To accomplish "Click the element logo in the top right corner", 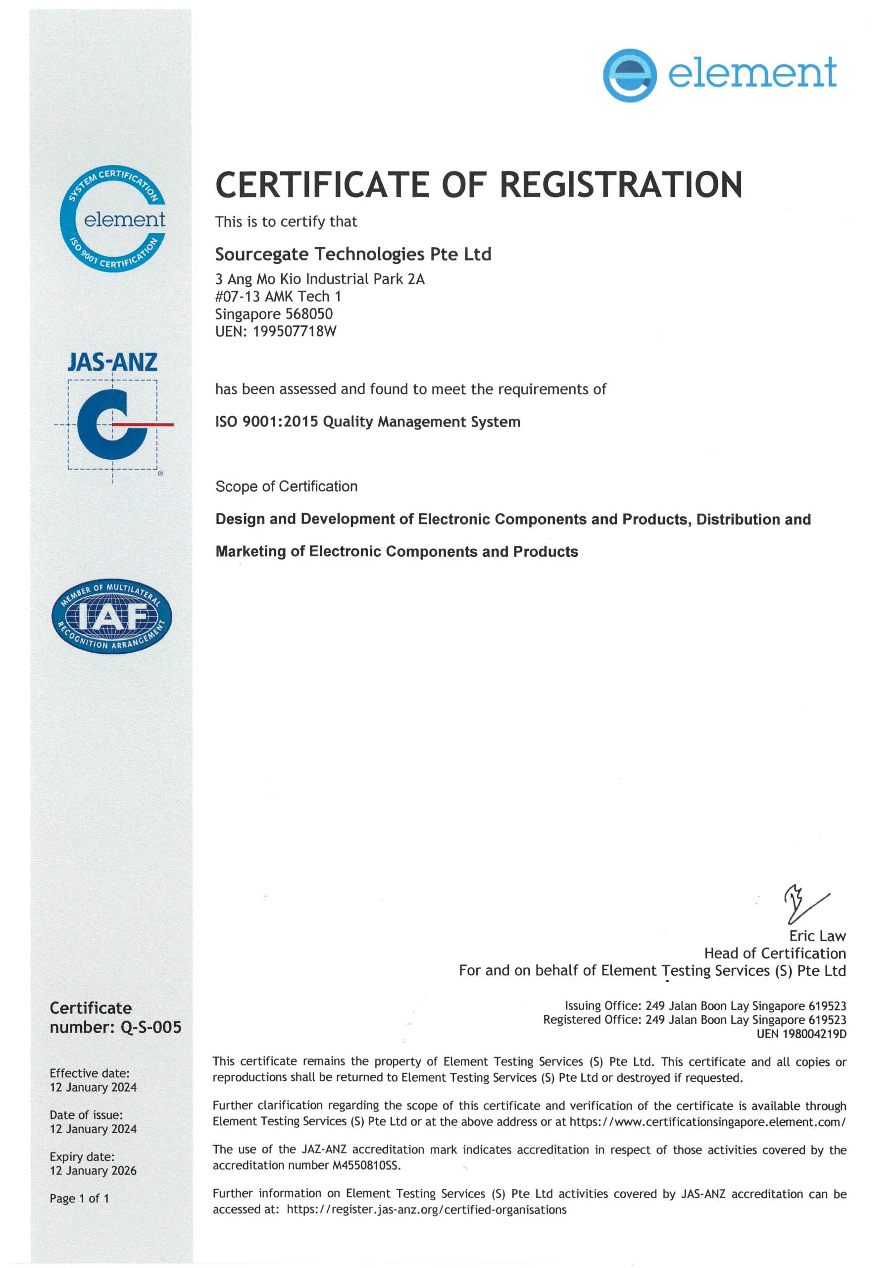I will (x=719, y=75).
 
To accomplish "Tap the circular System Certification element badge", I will (x=113, y=219).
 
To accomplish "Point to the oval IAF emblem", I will (x=112, y=616).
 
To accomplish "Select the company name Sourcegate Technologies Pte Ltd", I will (x=353, y=254).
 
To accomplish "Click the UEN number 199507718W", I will (x=294, y=331).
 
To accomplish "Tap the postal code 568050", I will (x=309, y=314).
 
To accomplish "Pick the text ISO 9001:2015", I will (x=267, y=422).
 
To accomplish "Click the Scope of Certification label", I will (x=287, y=486).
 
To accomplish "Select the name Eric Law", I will (x=817, y=936).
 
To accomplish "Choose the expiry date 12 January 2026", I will (x=93, y=1170).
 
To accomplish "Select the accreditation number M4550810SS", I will (x=365, y=1165).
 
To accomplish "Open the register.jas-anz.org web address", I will (x=426, y=1210).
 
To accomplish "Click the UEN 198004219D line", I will (x=801, y=1034).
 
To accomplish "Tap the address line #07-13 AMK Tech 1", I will (x=278, y=297).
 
